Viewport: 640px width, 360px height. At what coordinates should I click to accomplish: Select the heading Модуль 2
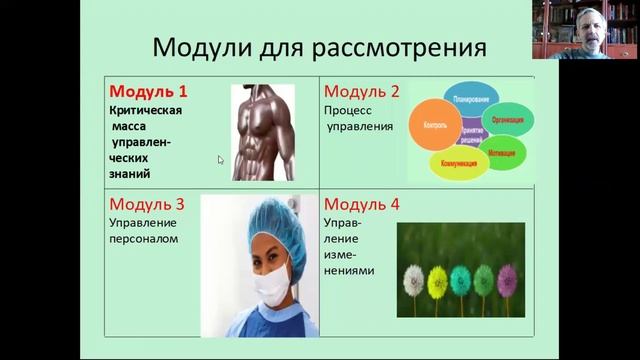coord(361,92)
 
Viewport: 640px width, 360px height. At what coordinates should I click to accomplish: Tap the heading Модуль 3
coord(148,205)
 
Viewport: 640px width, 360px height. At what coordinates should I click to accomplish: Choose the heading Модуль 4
coord(361,205)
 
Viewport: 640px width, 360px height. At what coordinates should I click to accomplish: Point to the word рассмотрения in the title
coord(410,46)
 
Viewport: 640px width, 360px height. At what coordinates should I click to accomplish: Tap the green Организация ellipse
coord(508,118)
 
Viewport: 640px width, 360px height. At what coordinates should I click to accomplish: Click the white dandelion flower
coord(413,279)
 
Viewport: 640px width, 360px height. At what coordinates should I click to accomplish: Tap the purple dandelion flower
coord(509,277)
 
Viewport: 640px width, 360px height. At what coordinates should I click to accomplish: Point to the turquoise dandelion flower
coord(461,279)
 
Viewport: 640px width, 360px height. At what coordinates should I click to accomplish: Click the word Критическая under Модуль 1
coord(145,112)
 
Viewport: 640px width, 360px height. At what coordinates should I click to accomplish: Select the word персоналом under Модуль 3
coord(143,241)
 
